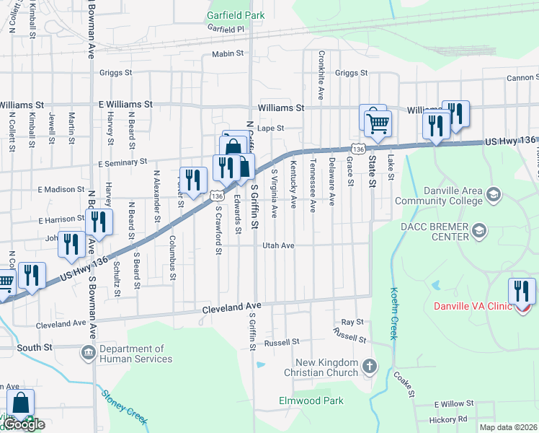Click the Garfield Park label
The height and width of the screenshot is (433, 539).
tap(235, 14)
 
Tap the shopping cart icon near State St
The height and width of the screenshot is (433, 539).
tap(377, 123)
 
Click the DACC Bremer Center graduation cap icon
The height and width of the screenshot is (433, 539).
tap(479, 231)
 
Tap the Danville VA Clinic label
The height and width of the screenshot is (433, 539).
tap(472, 306)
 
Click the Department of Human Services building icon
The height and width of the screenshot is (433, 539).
tap(88, 353)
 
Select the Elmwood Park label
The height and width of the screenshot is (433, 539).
tap(311, 401)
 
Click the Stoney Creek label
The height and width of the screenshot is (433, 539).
tap(125, 406)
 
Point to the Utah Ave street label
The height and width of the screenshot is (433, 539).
tap(278, 245)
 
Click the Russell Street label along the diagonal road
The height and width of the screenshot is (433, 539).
tap(349, 335)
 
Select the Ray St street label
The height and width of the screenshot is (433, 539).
tap(352, 322)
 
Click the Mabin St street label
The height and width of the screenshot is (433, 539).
tap(228, 54)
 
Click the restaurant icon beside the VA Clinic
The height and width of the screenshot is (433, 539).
tap(522, 292)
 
